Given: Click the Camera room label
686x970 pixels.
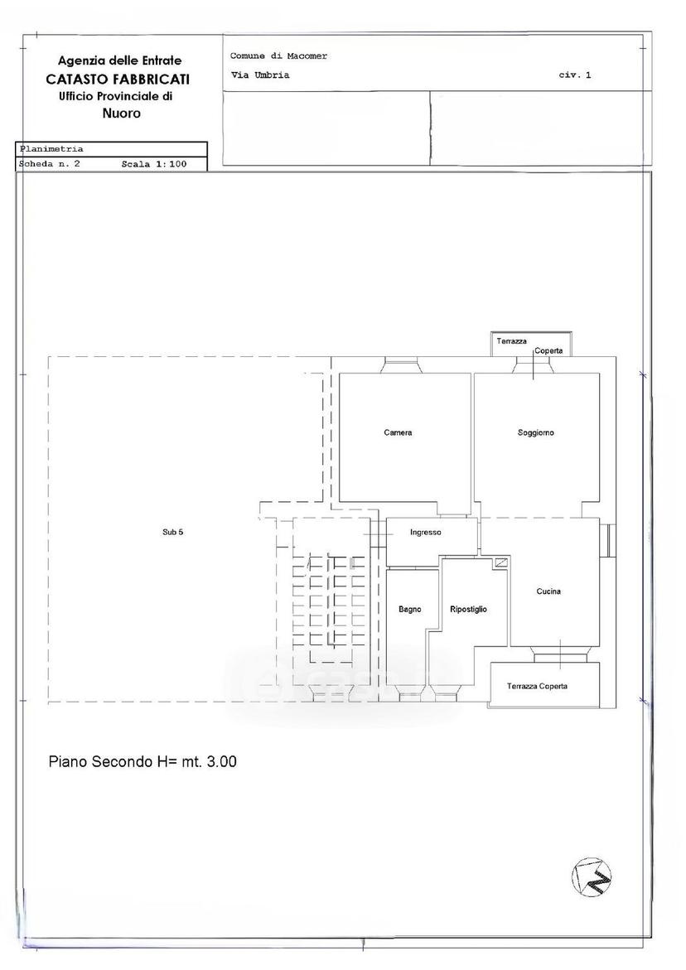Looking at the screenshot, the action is pos(398,432).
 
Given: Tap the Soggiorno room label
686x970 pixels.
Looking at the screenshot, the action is pos(536,432).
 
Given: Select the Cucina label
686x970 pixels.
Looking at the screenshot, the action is pos(548,591).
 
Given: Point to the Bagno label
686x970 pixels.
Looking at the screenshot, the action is pos(409,610).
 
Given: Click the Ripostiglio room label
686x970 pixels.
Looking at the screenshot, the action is pos(468,610).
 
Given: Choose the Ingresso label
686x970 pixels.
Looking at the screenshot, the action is pos(426,532).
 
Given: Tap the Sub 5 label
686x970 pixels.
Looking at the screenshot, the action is pos(172,532).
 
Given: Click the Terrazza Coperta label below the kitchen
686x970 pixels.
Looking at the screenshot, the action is pos(537,686).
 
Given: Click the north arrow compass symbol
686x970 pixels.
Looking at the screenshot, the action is pos(591,876).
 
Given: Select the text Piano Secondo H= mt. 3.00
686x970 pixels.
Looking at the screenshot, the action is pos(143,761).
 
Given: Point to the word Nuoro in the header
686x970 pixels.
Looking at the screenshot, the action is pos(121,113).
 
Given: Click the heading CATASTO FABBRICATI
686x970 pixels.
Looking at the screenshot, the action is pos(118,80).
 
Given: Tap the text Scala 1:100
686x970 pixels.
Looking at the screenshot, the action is pos(154,164).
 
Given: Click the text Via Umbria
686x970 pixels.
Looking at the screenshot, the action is pos(260,75).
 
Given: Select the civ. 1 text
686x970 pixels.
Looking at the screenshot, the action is pos(575,75).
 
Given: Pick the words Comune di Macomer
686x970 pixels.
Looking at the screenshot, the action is pos(278,55).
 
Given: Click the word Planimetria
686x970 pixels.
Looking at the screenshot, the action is pos(51,149).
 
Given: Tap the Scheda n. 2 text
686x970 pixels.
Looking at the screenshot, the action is pos(50,164).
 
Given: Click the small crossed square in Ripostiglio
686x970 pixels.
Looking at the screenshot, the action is pos(500,562).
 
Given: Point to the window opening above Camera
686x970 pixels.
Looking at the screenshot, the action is pos(402,365).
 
